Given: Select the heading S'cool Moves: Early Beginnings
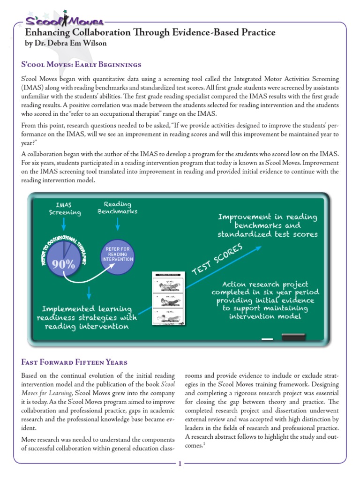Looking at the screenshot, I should pos(82,64).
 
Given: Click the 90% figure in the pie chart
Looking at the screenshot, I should pos(64,264).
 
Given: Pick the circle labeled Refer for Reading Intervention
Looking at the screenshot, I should pos(117,254).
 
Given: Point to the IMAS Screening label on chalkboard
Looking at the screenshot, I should pos(65,209).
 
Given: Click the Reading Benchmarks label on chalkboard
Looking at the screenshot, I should pos(117,208).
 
